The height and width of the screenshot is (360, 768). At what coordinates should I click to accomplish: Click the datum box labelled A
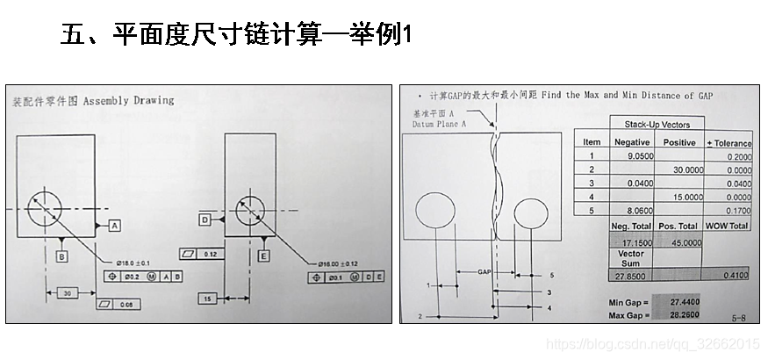tap(115, 226)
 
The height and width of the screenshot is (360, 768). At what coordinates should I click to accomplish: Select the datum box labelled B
tap(61, 256)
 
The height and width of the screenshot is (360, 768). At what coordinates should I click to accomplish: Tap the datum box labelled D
tap(205, 220)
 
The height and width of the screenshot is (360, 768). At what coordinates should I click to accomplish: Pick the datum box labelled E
tap(263, 256)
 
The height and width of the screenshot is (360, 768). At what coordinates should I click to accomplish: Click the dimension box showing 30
tap(67, 293)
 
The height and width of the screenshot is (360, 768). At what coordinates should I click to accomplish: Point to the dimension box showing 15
tap(207, 299)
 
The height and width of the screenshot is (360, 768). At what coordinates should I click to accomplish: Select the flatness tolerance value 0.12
tap(209, 254)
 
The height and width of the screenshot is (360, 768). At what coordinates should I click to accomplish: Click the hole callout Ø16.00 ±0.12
tap(339, 263)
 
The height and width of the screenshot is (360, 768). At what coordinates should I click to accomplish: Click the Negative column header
tap(632, 142)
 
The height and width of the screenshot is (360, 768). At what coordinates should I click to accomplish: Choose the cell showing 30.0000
tap(683, 169)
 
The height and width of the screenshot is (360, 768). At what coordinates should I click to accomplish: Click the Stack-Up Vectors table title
tap(663, 125)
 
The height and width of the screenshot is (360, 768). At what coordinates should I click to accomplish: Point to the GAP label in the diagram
tap(484, 272)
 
